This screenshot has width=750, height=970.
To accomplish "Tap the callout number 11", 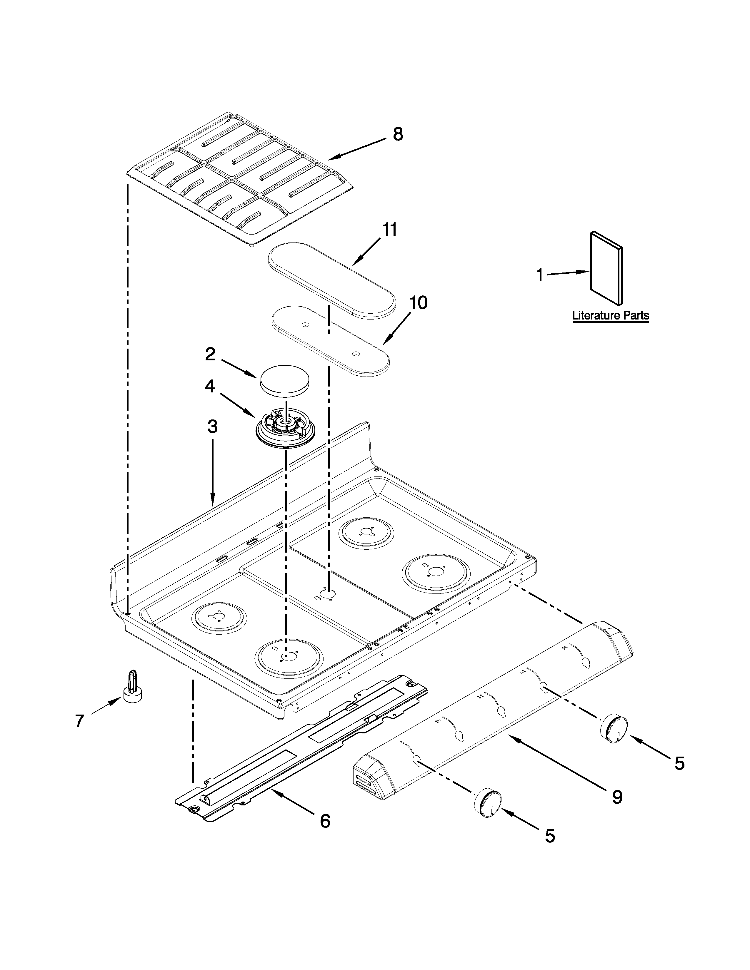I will coord(390,230).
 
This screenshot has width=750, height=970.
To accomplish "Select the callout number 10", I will coord(418,303).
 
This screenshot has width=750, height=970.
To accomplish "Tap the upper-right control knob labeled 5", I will coord(614,729).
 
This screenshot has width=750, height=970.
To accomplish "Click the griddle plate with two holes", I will coord(330,342).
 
